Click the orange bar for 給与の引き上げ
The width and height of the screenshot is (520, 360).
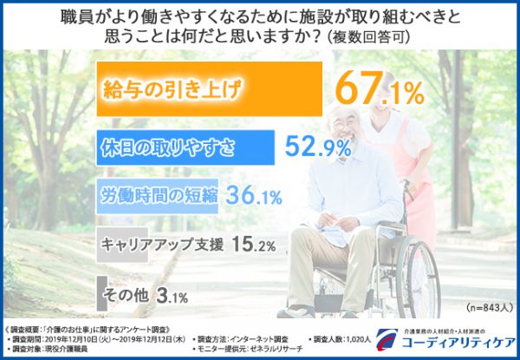tap(208, 88)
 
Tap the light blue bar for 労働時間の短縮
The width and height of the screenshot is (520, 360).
tap(156, 196)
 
